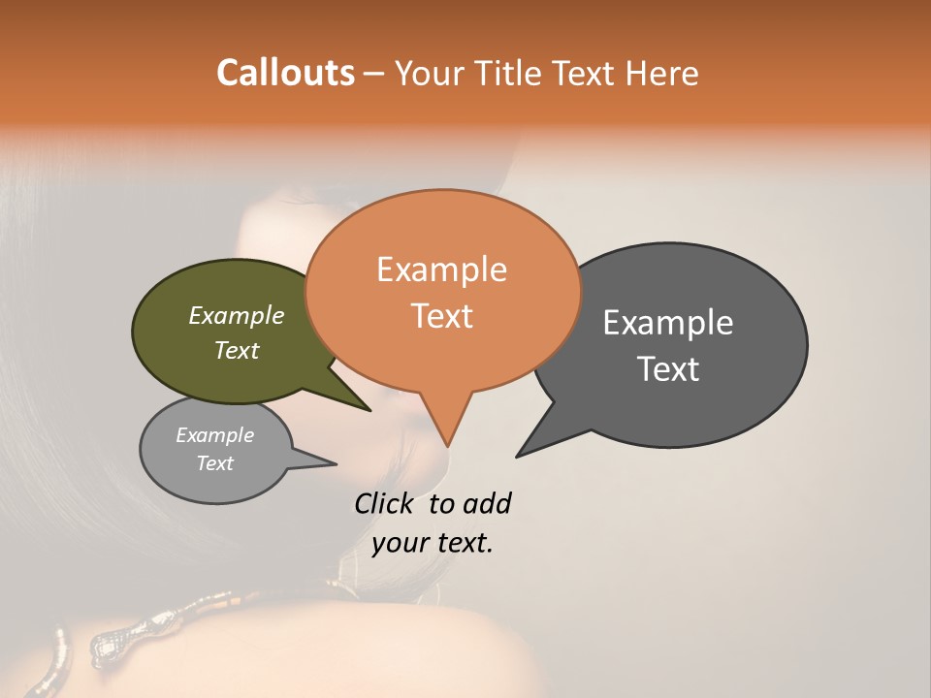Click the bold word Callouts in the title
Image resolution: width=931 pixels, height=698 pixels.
pos(285,73)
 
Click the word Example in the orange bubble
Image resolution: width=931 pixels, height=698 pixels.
pos(441,270)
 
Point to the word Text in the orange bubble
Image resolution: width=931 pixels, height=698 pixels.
pos(441,316)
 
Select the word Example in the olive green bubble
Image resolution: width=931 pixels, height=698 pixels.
pos(236,315)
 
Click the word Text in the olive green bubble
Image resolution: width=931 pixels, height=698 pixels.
pos(236,350)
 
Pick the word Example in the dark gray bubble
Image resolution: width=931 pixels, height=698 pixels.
pos(668,323)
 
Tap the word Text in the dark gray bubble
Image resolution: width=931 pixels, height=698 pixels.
pos(668,369)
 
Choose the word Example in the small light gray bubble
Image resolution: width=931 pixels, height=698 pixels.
pos(214,435)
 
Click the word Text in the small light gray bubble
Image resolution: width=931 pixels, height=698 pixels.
pos(214,463)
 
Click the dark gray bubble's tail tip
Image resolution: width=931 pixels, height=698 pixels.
pos(517,456)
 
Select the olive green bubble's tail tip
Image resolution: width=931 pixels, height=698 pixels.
pos(369,410)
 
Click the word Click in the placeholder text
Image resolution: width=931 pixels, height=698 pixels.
pos(384,503)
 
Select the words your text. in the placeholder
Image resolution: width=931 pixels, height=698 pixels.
pos(433,543)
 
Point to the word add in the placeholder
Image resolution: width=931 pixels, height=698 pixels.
pos(487,503)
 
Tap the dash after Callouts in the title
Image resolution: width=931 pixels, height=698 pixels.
pos(375,74)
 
